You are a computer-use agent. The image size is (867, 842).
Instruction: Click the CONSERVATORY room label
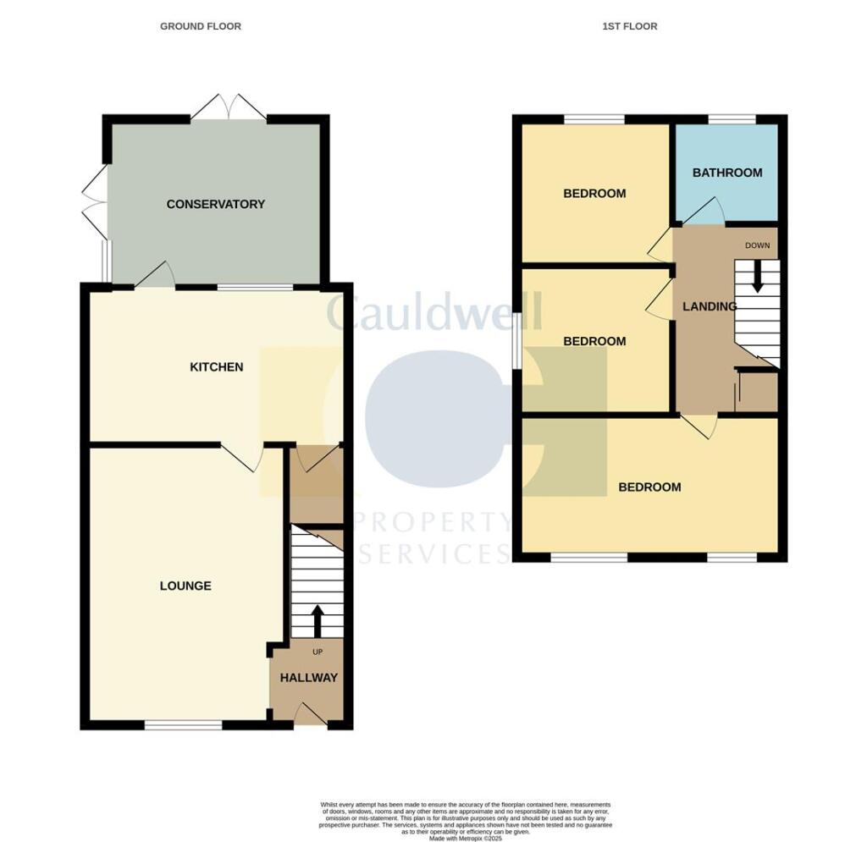click(215, 204)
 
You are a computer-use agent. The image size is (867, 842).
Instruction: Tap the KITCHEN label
click(216, 367)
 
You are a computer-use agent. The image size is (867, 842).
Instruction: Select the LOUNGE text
click(185, 586)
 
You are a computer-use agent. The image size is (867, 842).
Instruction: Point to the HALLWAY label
click(308, 678)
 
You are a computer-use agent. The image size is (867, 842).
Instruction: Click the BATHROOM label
click(727, 173)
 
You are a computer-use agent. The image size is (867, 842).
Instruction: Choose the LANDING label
click(710, 306)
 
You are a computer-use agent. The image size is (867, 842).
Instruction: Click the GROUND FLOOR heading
click(201, 26)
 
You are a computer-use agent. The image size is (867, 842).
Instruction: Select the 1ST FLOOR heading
click(629, 26)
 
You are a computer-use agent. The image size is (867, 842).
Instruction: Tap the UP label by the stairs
click(318, 652)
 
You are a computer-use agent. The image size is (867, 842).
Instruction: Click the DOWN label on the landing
click(757, 245)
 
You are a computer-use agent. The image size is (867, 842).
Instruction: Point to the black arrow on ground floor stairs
click(318, 619)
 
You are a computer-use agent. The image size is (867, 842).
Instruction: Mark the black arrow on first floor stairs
click(757, 275)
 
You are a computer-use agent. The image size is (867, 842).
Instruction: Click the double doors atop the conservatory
click(229, 108)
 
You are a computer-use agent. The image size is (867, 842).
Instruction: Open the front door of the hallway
click(310, 716)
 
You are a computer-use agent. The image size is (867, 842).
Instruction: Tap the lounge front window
click(183, 724)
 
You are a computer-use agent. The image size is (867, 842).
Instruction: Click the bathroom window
click(732, 119)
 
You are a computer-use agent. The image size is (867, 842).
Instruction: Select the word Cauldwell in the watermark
click(433, 313)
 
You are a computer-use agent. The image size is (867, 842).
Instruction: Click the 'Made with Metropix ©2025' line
click(465, 815)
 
